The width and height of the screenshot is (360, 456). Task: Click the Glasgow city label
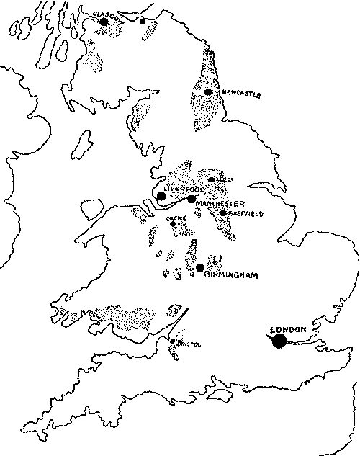[x=108, y=14]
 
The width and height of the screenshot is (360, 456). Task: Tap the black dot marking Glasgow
[x=104, y=22]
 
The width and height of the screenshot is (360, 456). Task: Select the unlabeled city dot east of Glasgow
[x=143, y=21]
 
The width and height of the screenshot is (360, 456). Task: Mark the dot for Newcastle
[x=208, y=92]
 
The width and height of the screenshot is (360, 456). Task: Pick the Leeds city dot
[x=211, y=179]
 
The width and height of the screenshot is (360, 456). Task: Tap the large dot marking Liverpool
[x=161, y=195]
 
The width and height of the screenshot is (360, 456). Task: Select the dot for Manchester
[x=191, y=199]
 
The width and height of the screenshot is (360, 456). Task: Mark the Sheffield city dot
[x=224, y=213]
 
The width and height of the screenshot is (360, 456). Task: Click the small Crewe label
[x=172, y=218]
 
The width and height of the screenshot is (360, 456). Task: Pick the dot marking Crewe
[x=173, y=224]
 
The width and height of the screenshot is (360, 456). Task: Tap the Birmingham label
[x=230, y=274]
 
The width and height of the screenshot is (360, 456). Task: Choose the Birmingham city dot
[x=199, y=267]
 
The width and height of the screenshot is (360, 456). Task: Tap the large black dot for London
[x=279, y=341]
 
